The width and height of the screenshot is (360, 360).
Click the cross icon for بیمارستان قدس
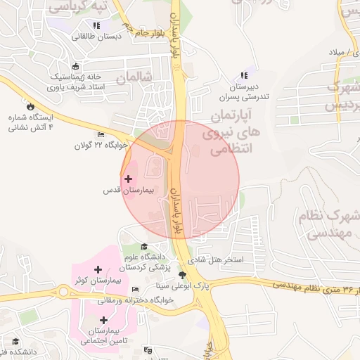(127, 179)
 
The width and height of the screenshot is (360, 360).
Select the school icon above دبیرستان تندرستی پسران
(244, 75)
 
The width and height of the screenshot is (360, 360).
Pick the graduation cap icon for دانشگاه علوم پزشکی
(144, 247)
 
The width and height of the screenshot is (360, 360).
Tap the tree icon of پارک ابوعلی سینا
(184, 275)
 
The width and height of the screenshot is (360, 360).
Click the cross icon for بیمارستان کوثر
(98, 269)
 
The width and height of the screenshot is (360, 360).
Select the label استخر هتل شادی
(220, 260)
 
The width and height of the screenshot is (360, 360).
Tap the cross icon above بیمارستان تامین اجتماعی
(103, 320)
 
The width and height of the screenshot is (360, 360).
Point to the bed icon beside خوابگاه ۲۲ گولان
(101, 135)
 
